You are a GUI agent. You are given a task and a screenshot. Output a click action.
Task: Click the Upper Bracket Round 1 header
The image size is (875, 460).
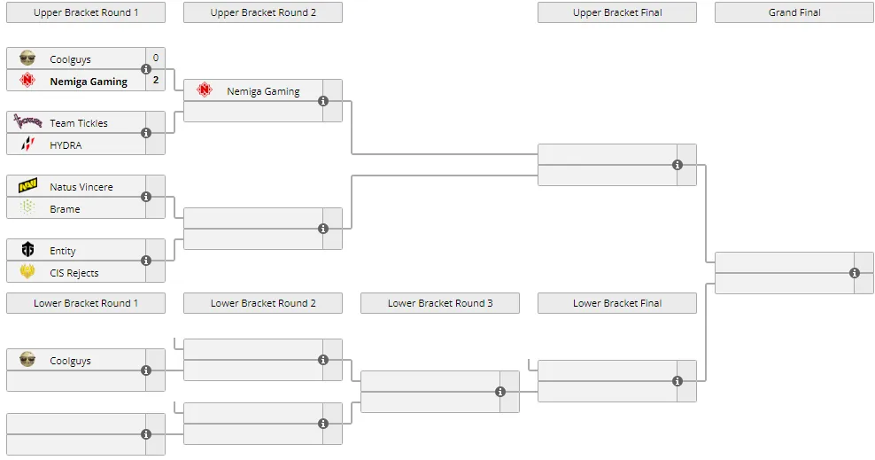pos(85,12)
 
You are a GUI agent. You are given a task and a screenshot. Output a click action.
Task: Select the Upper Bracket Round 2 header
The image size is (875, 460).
pos(263,12)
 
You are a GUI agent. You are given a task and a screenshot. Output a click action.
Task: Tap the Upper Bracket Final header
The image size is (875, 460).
pos(617,12)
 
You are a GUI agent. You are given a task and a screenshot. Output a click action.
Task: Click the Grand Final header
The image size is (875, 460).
pos(794,12)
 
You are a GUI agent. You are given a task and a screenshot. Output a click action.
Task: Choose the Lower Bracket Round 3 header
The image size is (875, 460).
pos(440,303)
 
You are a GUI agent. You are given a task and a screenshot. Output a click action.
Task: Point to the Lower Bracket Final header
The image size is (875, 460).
pos(617,303)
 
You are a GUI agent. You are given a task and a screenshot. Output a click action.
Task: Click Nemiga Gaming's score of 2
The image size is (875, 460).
pos(156,81)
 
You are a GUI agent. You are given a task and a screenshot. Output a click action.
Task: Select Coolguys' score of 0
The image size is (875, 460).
pos(156,58)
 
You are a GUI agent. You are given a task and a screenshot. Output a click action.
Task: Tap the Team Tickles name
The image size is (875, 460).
pos(79,123)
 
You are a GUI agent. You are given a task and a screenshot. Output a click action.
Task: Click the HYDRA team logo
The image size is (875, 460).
pos(27,144)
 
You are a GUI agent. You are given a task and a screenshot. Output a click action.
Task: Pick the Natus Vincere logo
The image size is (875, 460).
pos(27,186)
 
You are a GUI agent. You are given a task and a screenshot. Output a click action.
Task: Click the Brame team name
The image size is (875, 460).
pos(65,209)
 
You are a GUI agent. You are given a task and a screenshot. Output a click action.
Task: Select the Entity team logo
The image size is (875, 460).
pos(27,250)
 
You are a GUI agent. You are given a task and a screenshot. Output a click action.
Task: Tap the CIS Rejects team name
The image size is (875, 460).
pos(74,273)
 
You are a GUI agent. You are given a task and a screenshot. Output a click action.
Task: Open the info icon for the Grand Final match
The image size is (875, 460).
pos(855,273)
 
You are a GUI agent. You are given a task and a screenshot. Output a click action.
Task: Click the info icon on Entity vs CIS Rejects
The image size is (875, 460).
pos(146,261)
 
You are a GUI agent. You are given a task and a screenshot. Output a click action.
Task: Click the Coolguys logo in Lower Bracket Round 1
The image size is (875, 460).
pos(27,360)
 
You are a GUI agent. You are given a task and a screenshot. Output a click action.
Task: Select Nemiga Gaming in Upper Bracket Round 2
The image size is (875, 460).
pos(263,91)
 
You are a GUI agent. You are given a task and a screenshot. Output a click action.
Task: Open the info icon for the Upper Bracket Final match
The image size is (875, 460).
pos(678,165)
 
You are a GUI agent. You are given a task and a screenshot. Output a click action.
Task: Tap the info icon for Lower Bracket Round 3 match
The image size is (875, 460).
pos(500,392)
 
